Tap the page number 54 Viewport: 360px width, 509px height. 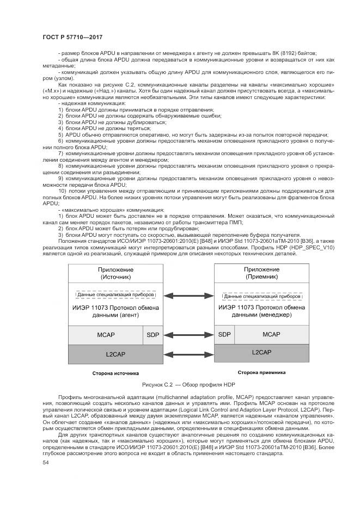[x=46, y=462]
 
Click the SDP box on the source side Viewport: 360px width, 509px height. [x=153, y=334]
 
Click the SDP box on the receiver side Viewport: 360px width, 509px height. [x=223, y=334]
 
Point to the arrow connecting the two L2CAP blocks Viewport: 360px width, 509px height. [x=188, y=354]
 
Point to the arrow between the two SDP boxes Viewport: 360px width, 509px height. [x=188, y=334]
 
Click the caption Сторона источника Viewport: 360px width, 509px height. [x=115, y=373]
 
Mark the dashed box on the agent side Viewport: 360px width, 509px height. [x=115, y=295]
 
